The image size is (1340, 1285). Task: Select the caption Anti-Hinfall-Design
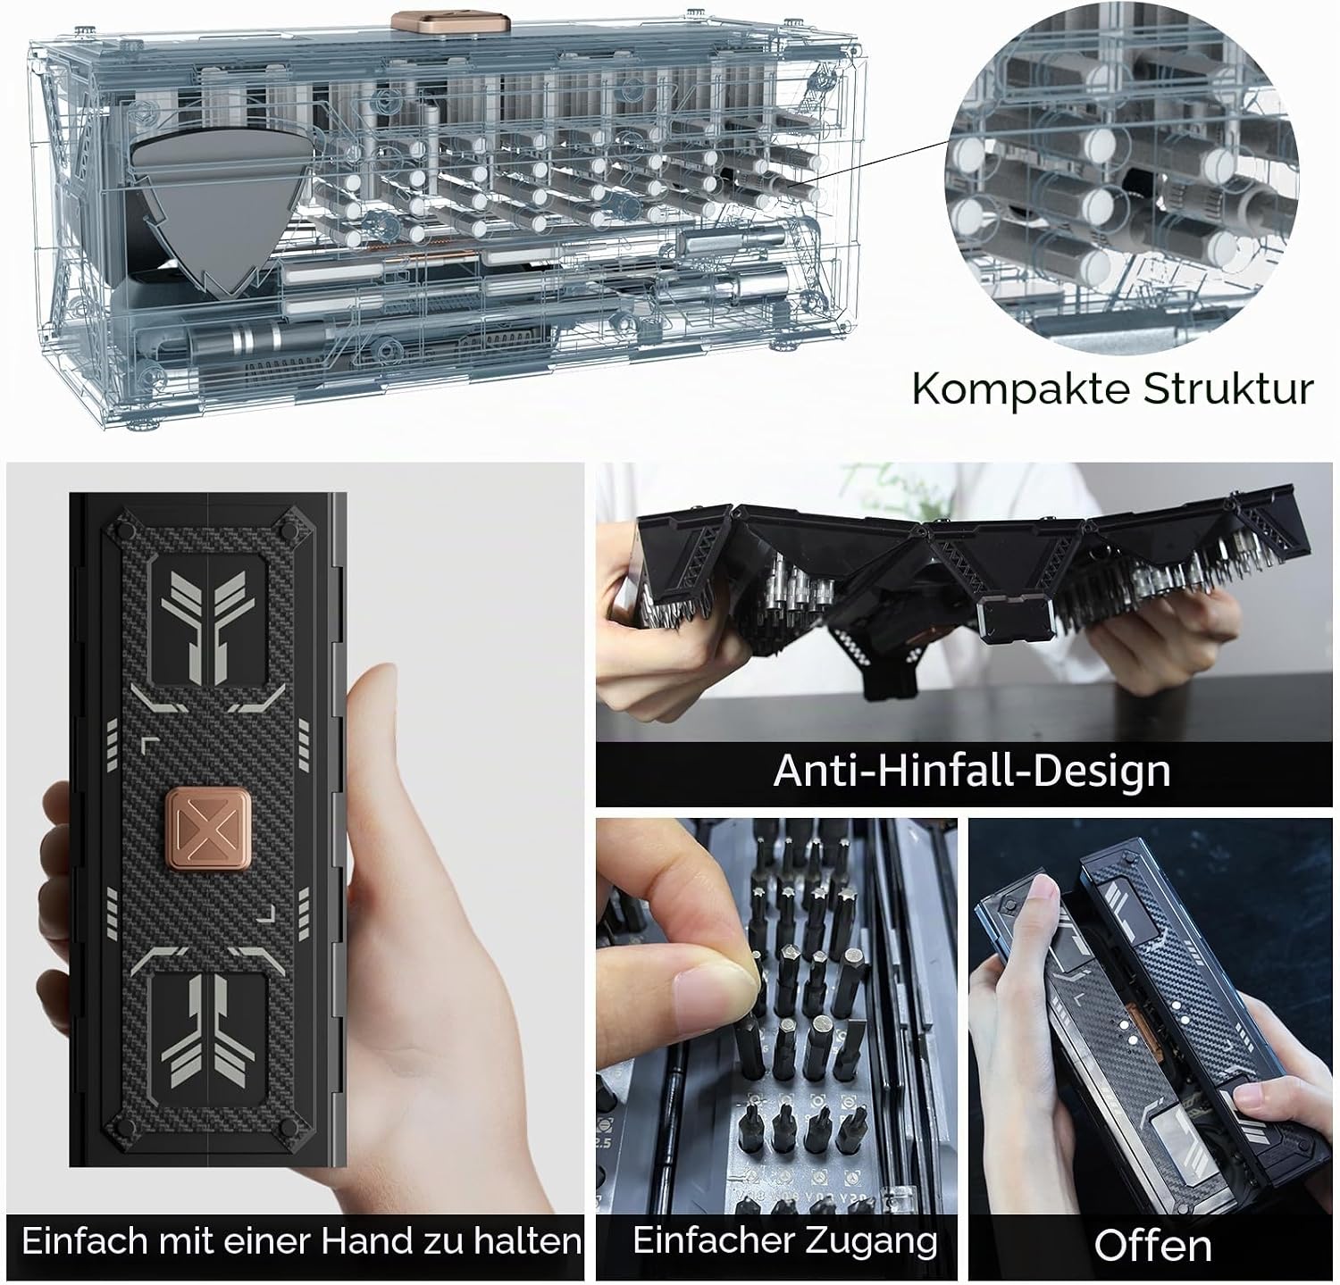click(972, 770)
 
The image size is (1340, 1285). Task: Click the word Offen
click(1152, 1246)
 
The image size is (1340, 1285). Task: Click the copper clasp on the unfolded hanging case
click(1008, 620)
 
